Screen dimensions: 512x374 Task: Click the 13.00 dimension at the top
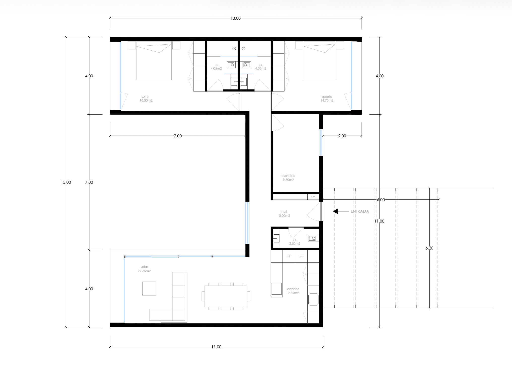(236, 18)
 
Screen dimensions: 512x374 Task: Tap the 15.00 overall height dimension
(66, 182)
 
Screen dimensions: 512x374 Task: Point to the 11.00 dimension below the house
(216, 347)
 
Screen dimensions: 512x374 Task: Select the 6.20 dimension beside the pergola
(429, 248)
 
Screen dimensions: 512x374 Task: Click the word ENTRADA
(360, 211)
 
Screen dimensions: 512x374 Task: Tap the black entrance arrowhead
(335, 211)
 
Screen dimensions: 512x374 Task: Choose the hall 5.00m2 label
(284, 213)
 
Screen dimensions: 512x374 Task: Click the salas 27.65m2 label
(144, 269)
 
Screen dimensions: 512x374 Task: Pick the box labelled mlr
(289, 256)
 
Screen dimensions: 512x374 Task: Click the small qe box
(313, 197)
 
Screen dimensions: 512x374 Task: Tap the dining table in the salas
(226, 296)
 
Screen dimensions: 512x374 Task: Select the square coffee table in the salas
(149, 288)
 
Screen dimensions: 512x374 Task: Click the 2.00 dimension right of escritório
(342, 136)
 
